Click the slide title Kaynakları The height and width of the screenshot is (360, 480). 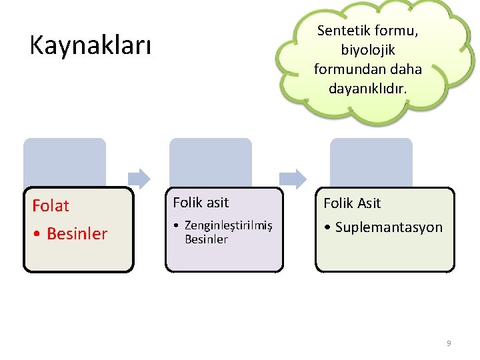tap(91, 46)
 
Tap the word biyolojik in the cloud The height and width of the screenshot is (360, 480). tap(367, 50)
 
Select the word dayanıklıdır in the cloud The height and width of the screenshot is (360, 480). tap(367, 87)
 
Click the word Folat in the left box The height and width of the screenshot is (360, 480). tap(51, 205)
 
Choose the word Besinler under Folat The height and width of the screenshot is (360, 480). tap(77, 234)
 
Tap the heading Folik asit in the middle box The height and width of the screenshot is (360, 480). tap(201, 203)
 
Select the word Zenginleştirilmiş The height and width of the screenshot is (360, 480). tap(229, 225)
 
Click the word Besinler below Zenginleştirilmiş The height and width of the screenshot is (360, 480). tap(206, 239)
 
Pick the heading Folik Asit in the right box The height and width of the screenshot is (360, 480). tap(353, 203)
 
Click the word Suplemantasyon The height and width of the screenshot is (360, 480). tap(389, 227)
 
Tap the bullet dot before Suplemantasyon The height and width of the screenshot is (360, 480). tap(327, 227)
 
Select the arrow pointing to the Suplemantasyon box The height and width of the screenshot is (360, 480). tap(293, 178)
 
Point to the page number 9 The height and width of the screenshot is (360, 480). tap(449, 343)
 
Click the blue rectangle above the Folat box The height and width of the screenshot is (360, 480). tap(65, 162)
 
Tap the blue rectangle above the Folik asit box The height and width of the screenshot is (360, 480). tap(211, 162)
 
